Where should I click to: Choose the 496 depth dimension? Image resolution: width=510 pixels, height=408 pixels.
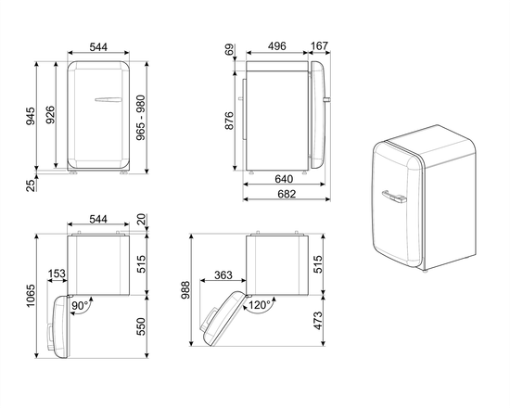tap(275, 45)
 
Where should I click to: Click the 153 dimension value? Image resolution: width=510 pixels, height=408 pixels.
tap(57, 275)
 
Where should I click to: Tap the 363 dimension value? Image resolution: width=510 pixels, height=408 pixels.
tap(222, 275)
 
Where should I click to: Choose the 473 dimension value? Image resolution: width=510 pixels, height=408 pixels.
tap(318, 321)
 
